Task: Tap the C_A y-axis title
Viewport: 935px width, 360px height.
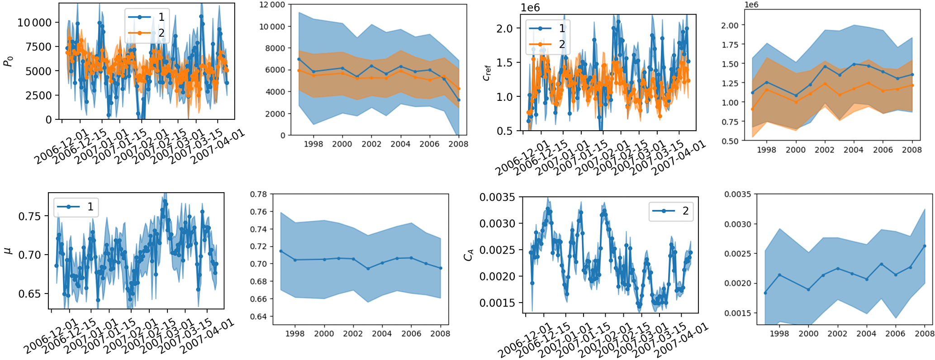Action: [469, 256]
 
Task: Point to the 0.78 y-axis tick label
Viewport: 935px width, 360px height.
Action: [259, 194]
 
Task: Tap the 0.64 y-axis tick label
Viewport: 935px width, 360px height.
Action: [259, 317]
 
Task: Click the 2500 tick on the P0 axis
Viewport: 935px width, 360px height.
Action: [39, 95]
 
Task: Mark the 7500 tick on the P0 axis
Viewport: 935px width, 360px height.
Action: [39, 47]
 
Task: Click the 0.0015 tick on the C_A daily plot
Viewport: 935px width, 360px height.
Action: [497, 303]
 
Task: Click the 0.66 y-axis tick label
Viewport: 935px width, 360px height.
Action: [259, 299]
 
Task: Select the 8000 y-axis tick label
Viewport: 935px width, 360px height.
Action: [275, 48]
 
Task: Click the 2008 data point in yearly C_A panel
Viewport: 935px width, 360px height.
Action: [925, 246]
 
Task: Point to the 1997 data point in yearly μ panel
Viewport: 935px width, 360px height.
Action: [281, 251]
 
